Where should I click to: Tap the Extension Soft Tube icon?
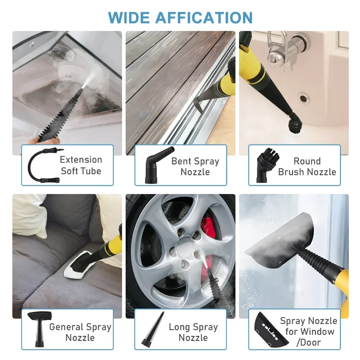tap(41, 165)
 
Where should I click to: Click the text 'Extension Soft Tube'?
tap(81, 165)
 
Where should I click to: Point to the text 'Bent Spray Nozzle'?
tap(195, 166)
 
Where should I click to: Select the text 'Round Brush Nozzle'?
tap(307, 166)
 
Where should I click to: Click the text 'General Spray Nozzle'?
tap(80, 332)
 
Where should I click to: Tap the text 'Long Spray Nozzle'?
tap(193, 332)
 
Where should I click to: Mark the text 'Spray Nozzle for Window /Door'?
tap(308, 331)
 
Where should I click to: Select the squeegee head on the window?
tap(279, 239)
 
